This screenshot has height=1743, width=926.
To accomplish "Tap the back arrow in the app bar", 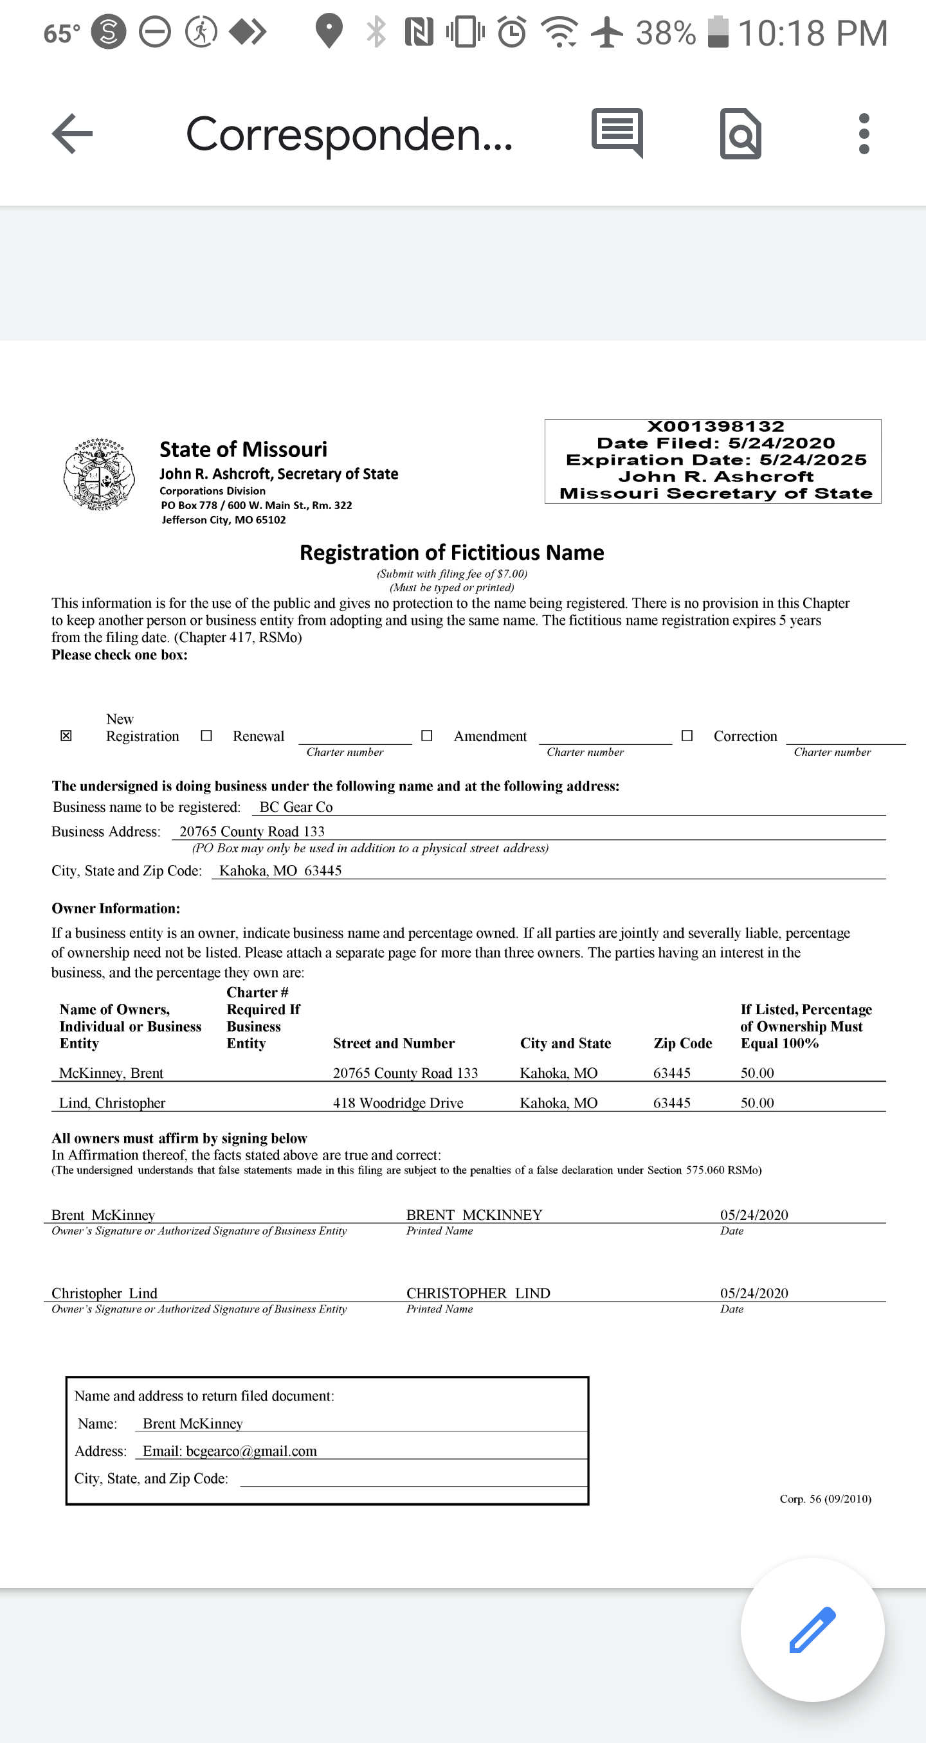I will tap(73, 133).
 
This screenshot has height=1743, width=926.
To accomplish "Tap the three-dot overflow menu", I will tap(864, 133).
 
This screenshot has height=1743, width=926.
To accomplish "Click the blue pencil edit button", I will tap(812, 1629).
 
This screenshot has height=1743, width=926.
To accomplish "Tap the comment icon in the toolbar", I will tap(617, 132).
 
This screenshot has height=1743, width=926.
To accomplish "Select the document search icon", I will tap(741, 133).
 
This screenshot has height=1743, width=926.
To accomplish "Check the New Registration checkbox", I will tap(66, 735).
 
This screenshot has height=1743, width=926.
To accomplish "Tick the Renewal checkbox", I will tap(206, 735).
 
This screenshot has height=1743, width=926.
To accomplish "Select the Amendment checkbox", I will tap(426, 735).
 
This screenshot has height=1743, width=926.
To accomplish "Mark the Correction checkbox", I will tap(687, 735).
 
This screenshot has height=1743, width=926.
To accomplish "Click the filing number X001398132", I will tap(716, 426).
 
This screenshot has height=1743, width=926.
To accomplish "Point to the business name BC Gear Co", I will tap(296, 807).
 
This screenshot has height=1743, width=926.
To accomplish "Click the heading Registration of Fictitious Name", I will tap(451, 553).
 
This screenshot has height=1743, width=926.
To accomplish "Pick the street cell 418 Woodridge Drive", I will tap(398, 1102).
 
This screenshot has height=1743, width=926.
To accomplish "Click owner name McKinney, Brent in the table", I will tap(111, 1073).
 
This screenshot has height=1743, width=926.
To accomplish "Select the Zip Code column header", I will tap(682, 1042).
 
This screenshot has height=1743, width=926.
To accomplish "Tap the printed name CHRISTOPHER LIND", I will tap(478, 1292).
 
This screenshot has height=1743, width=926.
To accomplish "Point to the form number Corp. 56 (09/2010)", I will tap(825, 1499).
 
